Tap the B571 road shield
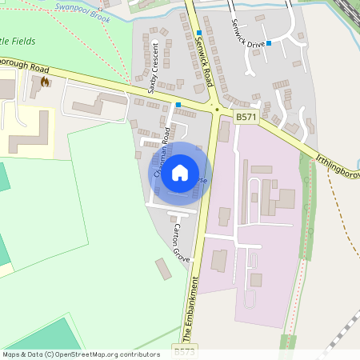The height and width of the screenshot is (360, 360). (246, 117)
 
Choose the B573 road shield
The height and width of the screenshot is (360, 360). (183, 351)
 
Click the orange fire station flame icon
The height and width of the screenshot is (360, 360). (45, 81)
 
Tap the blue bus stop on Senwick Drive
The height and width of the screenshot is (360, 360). (269, 42)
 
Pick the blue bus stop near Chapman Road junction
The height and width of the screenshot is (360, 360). (178, 105)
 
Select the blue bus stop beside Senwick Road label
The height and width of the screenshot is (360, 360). (198, 33)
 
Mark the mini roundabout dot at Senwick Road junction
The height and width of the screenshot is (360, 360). (214, 109)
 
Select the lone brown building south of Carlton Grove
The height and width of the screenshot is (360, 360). (162, 269)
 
